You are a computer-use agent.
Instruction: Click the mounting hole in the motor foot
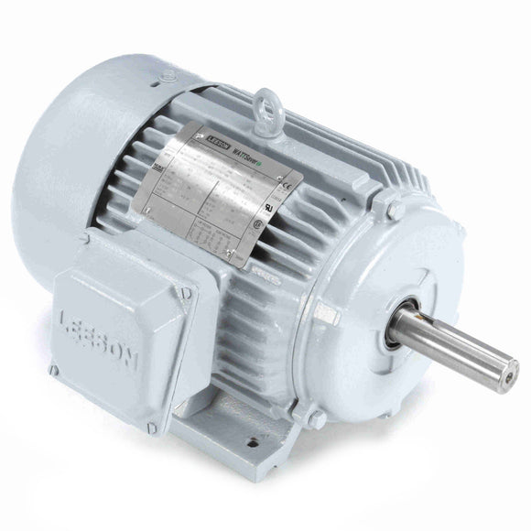[245, 452]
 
